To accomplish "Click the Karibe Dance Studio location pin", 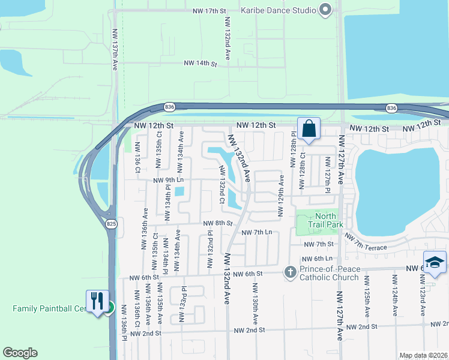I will point(326,10).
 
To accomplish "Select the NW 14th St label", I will point(200,63).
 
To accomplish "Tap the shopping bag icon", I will point(309,128).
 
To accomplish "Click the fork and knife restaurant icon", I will point(97,301).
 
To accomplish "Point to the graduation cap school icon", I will point(434,262).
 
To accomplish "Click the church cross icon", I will point(290,273).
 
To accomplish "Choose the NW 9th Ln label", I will point(168,180).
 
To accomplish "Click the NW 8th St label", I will point(217,223).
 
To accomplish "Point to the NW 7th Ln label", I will point(256,232).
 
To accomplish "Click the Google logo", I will point(20,353).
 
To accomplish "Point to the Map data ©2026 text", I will point(423,355).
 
